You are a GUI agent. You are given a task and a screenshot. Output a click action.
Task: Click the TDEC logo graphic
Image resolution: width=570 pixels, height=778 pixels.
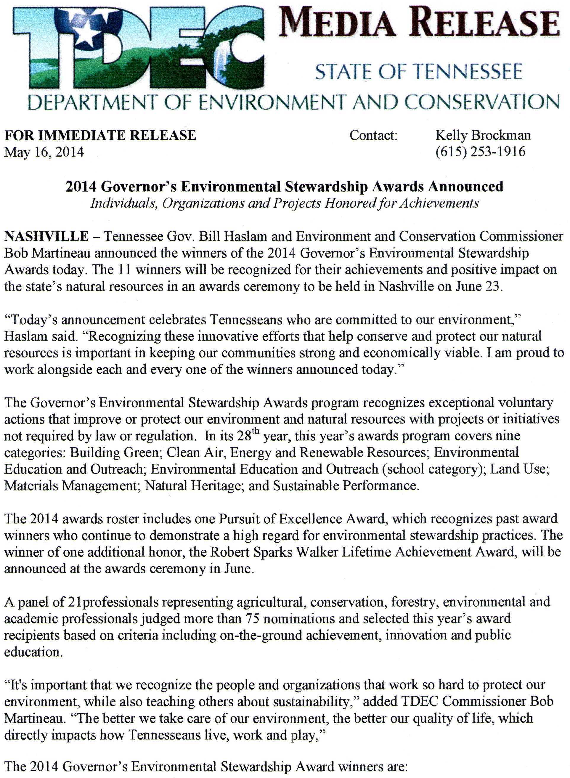click(138, 48)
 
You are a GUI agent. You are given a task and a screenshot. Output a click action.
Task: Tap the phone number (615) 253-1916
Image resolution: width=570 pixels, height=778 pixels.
click(480, 151)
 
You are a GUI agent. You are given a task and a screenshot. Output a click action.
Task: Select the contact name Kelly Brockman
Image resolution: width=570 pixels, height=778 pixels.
click(483, 135)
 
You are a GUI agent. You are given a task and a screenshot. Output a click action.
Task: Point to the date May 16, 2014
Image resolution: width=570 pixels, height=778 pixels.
click(44, 152)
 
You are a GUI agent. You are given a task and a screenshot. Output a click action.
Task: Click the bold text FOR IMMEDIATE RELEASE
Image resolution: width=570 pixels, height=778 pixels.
click(100, 135)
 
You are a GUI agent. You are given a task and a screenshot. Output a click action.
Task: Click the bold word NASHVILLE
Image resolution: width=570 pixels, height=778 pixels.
click(46, 236)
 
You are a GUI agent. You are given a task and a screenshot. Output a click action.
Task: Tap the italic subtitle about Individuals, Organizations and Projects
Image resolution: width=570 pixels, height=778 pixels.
click(284, 203)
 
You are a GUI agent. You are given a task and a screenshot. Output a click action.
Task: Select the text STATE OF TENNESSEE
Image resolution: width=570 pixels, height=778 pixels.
click(418, 72)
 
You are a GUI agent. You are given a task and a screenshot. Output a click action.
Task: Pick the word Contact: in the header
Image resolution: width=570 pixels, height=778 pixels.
click(373, 135)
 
